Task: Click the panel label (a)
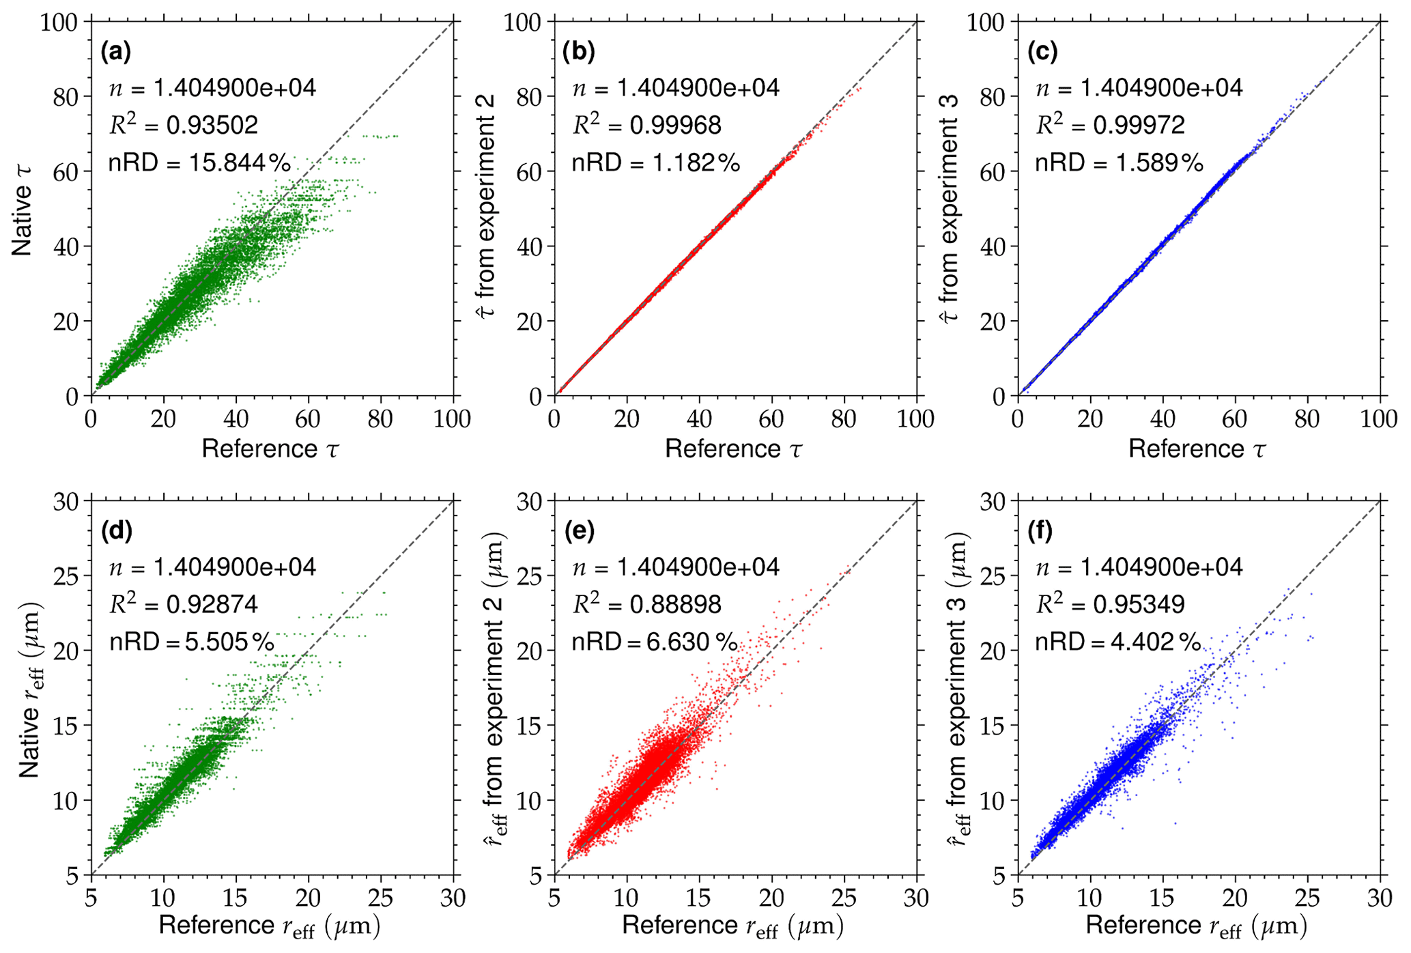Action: coord(115,52)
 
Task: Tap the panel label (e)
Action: coord(579,531)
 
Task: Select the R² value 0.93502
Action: coord(184,126)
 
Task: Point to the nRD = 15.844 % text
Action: coord(199,163)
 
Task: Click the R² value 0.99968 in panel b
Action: coord(646,126)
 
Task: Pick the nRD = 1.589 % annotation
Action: coord(1119,163)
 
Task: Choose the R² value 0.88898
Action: coord(646,605)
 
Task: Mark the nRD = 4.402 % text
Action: coord(1117,642)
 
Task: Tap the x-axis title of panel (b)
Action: coord(734,449)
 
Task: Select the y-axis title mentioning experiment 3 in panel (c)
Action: coord(951,208)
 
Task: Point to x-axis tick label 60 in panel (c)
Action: coord(1234,418)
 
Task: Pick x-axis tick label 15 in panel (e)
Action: coord(698,898)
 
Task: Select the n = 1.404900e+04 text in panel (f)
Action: coord(1139,567)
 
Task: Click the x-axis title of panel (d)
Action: coord(270,926)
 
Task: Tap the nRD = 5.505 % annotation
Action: coord(192,642)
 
